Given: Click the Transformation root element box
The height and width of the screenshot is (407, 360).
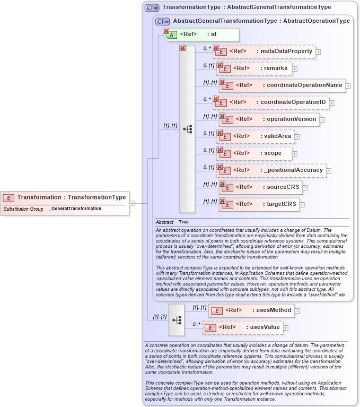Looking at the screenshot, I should tap(65, 197).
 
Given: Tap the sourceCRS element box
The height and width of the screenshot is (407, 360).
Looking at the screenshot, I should tap(260, 187).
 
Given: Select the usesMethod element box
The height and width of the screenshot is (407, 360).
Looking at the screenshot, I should tap(251, 310).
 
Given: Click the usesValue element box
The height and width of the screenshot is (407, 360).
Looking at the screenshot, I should tap(242, 327).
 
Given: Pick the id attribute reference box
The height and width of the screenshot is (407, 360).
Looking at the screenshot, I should tap(202, 34).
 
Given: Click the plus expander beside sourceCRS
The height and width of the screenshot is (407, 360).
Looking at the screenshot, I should tap(305, 188).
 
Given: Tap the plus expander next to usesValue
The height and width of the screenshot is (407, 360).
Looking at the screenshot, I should tap(286, 328).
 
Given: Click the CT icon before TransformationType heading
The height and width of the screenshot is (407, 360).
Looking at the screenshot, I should tap(152, 7).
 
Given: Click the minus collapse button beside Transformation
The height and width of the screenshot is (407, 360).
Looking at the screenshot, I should tap(132, 203).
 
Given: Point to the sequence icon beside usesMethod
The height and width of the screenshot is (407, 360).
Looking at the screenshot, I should tap(177, 319).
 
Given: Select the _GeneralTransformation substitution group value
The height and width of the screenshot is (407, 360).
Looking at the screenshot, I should tap(75, 209).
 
